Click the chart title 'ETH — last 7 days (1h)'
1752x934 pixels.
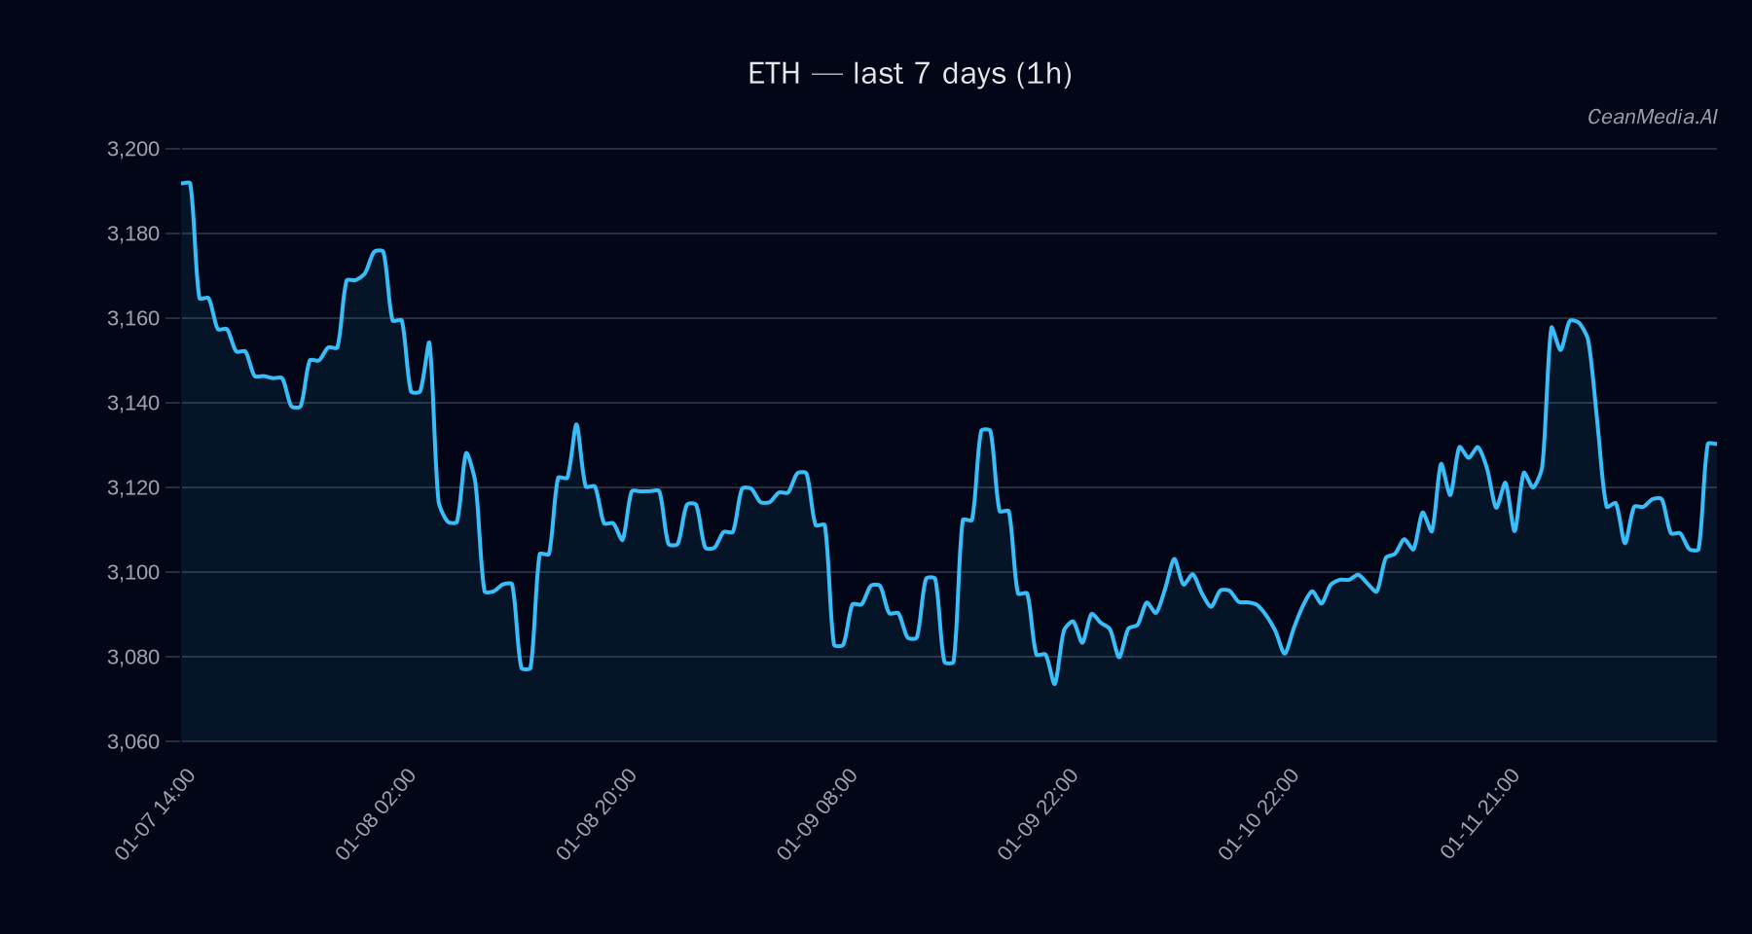pyautogui.click(x=909, y=74)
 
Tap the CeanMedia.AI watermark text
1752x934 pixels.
pyautogui.click(x=1652, y=117)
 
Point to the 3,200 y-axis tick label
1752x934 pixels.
pyautogui.click(x=133, y=149)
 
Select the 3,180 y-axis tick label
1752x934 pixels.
pyautogui.click(x=133, y=233)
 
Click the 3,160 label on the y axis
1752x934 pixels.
pyautogui.click(x=133, y=318)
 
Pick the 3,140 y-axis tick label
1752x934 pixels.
pyautogui.click(x=133, y=403)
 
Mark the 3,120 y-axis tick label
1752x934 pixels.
pyautogui.click(x=133, y=487)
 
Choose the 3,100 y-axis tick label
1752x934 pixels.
pyautogui.click(x=133, y=572)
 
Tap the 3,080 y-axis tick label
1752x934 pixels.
pyautogui.click(x=133, y=657)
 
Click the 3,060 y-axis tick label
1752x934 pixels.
pyautogui.click(x=133, y=741)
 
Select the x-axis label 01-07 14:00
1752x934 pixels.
pyautogui.click(x=155, y=814)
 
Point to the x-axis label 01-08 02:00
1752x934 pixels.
pyautogui.click(x=376, y=814)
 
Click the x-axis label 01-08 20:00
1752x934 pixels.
pyautogui.click(x=597, y=814)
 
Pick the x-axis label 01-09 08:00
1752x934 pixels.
pyautogui.click(x=818, y=814)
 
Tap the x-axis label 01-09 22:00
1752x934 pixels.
pyautogui.click(x=1039, y=814)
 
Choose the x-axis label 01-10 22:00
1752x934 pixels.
pyautogui.click(x=1259, y=814)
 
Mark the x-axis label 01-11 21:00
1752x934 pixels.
pyautogui.click(x=1480, y=814)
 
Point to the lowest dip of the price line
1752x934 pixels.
pyautogui.click(x=1054, y=684)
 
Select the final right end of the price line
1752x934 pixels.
pyautogui.click(x=1716, y=444)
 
